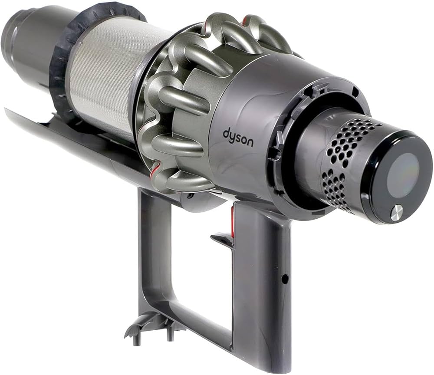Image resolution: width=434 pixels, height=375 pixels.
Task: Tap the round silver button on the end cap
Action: tap(396, 213)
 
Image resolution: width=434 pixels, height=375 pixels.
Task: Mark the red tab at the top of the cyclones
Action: tap(246, 20)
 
